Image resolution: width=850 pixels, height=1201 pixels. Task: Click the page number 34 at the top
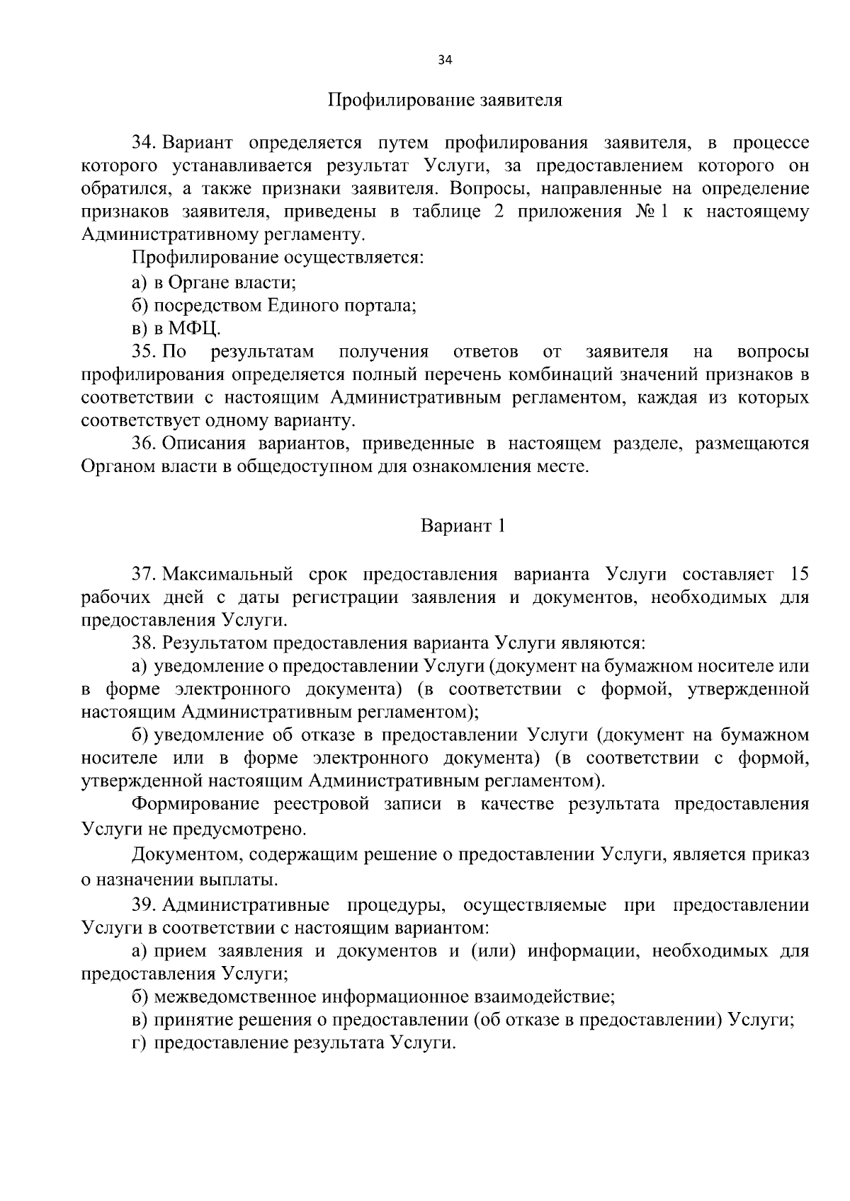pos(445,60)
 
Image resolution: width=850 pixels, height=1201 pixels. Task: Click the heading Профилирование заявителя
pos(445,100)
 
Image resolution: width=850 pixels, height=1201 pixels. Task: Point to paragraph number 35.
pos(142,352)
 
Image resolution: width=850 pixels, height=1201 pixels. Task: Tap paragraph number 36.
pos(142,444)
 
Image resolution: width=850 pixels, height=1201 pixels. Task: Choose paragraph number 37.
pos(142,574)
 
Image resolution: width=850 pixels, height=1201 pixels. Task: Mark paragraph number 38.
pos(142,643)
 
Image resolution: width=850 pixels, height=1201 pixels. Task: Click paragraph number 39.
pos(142,905)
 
